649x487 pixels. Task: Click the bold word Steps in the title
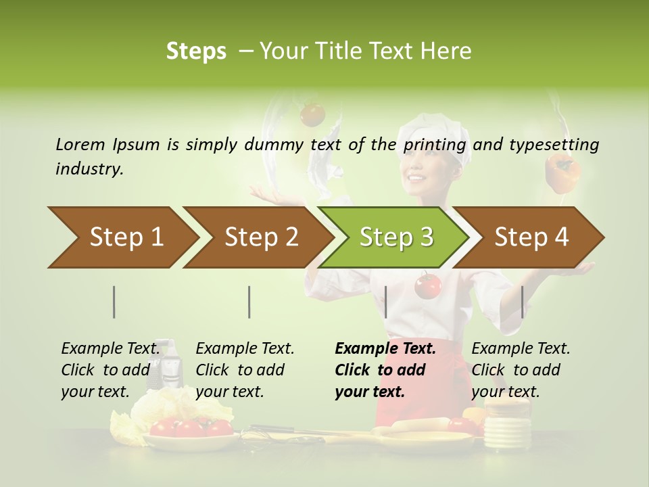pos(196,51)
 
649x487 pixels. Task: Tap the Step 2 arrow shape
pos(260,237)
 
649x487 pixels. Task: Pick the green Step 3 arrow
pos(395,237)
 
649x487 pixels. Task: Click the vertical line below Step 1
pos(114,302)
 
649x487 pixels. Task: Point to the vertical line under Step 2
pos(249,302)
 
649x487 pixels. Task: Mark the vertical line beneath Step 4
pos(522,302)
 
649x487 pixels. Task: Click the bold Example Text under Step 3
pos(385,349)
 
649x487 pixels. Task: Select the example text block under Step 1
pos(110,370)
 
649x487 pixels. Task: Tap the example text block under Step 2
pos(245,370)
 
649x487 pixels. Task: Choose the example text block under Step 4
pos(521,370)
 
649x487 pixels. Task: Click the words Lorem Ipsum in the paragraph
pos(107,145)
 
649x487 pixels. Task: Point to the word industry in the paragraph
pos(89,168)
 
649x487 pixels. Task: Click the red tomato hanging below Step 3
pos(427,285)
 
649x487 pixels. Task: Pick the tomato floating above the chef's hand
pos(312,114)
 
